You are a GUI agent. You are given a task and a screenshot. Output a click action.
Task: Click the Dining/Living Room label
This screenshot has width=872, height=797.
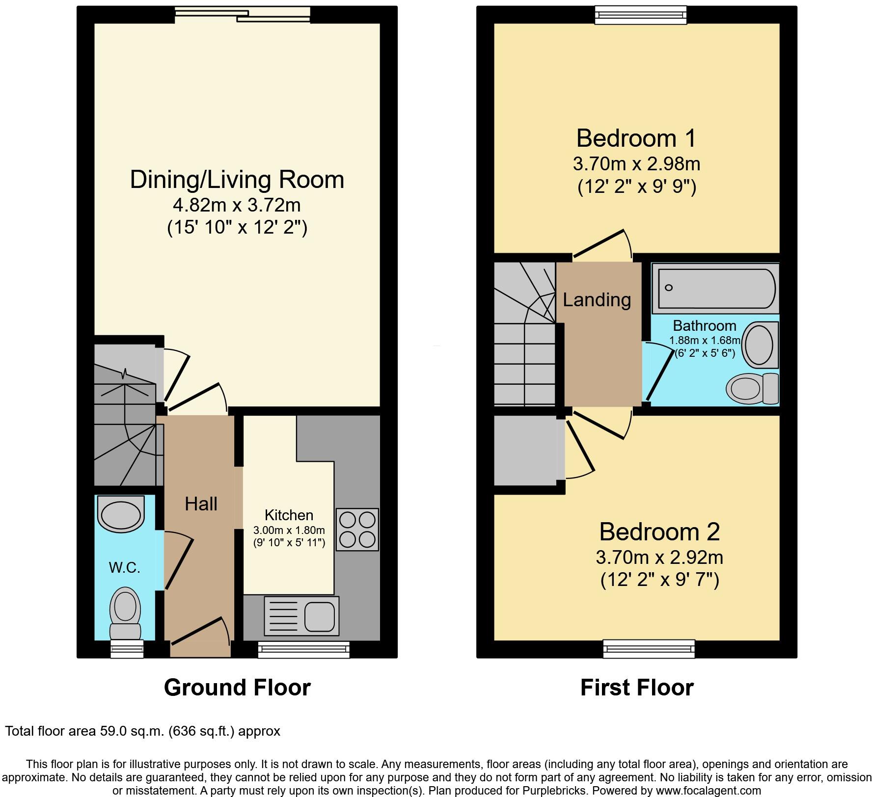coord(237,180)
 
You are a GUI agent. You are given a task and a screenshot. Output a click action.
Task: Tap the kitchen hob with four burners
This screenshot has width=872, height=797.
coord(357,529)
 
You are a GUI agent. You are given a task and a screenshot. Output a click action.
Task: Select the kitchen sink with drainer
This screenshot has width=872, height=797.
coord(301,616)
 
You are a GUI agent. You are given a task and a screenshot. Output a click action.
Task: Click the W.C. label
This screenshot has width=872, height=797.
coord(124,567)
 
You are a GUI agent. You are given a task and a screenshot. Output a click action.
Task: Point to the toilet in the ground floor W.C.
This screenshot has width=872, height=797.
coord(125,613)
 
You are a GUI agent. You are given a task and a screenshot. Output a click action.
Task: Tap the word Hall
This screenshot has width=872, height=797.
coord(201,504)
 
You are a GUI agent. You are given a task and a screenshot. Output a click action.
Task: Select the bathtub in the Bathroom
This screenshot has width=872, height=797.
coord(714,288)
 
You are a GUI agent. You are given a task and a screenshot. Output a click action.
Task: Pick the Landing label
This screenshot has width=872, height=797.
coord(597,299)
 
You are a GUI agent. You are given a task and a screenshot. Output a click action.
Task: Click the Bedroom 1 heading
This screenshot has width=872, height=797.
coord(636,138)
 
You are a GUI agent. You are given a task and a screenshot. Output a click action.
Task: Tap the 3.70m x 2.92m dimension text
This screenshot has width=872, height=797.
coord(659,558)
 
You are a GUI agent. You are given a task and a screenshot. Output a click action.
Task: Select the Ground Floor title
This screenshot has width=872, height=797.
coord(237,688)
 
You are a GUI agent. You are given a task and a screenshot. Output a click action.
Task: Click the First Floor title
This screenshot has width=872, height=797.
coord(637,688)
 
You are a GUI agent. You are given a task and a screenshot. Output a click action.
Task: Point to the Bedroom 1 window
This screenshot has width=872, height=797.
coord(640,15)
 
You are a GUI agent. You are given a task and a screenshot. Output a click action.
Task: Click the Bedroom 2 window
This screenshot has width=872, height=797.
coord(649,649)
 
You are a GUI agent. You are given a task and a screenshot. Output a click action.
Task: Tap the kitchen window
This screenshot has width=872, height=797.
coord(303,650)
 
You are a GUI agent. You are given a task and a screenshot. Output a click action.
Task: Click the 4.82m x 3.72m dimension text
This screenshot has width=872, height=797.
coord(237,205)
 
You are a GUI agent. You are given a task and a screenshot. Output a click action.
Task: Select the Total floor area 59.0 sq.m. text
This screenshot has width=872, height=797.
coord(142,731)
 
